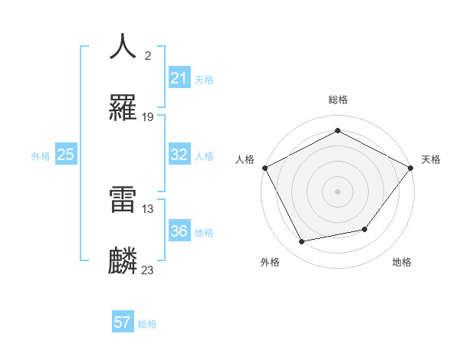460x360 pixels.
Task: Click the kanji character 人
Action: point(123,46)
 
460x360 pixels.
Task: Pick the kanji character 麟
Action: point(123,261)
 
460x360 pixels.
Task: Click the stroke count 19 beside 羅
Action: point(148,117)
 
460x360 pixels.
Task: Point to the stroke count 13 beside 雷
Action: point(148,208)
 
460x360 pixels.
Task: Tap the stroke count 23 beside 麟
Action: point(148,270)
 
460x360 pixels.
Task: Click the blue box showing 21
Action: point(179,78)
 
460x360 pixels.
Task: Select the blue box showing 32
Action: point(179,155)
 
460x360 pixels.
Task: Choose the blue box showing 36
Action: point(179,231)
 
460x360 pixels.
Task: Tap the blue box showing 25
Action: point(65,155)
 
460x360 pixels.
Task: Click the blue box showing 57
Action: point(123,322)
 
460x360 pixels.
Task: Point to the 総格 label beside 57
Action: point(147,324)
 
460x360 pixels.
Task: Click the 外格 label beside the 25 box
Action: point(41,156)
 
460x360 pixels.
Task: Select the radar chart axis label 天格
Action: point(431,159)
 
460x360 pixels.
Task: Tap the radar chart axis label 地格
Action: point(402,263)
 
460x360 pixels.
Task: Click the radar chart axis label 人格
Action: point(245,159)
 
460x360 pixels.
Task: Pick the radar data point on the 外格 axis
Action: point(302,242)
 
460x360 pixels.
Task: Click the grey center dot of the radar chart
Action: point(337,191)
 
